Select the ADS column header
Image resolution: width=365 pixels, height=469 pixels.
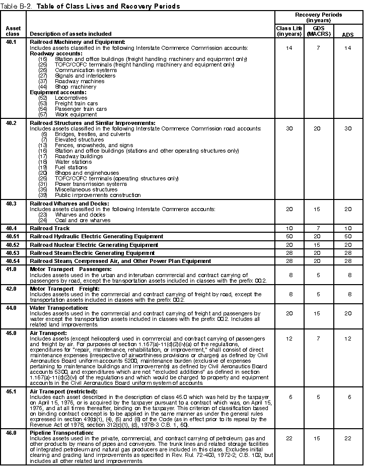pyautogui.click(x=347, y=34)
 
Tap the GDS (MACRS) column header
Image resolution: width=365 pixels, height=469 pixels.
pyautogui.click(x=318, y=31)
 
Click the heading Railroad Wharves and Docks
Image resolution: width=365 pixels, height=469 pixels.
pyautogui.click(x=69, y=204)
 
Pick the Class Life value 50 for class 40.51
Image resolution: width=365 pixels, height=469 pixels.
pyautogui.click(x=289, y=236)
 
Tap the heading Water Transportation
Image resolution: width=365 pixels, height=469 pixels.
pyautogui.click(x=59, y=307)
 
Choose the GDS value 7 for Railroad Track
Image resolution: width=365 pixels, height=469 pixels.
pyautogui.click(x=318, y=228)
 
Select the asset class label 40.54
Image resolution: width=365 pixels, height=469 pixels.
pyautogui.click(x=13, y=261)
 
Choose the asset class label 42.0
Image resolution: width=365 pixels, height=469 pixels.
pyautogui.click(x=11, y=289)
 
